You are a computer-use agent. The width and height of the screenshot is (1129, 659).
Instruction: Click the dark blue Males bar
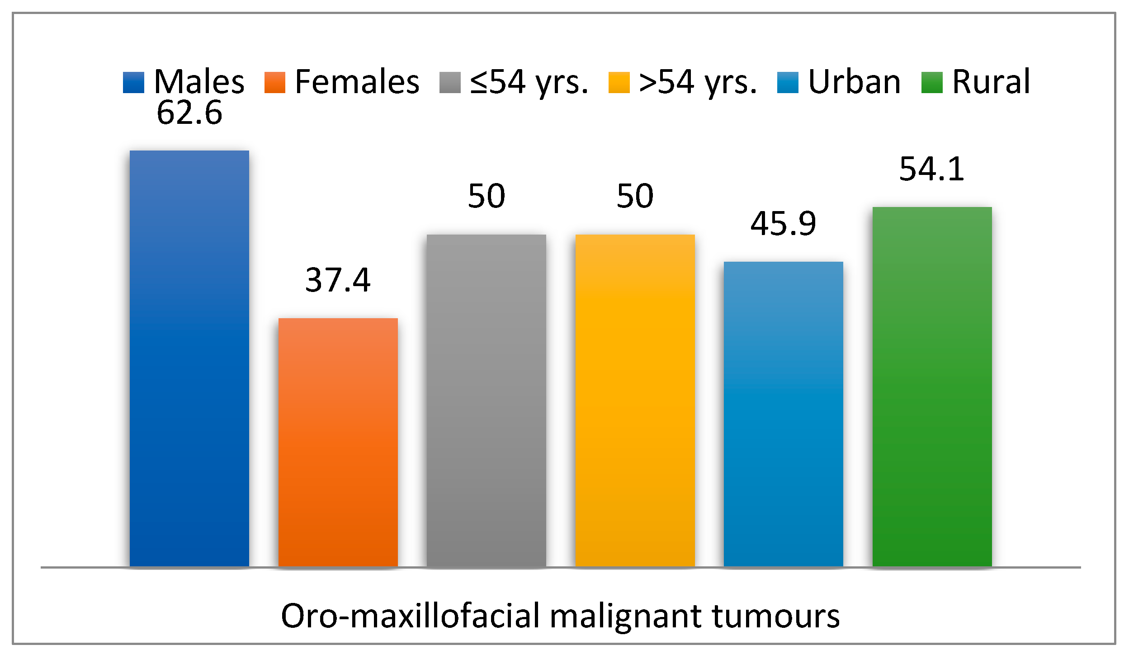[x=189, y=358]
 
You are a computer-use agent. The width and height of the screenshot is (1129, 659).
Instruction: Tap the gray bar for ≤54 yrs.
[x=486, y=400]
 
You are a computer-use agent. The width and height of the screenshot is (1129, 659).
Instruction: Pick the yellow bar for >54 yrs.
[x=635, y=400]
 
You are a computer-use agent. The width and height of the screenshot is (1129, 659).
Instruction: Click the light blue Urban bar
[x=783, y=414]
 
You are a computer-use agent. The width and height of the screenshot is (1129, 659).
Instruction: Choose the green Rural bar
[x=932, y=386]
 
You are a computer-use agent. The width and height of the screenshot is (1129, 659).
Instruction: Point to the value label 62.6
[x=189, y=113]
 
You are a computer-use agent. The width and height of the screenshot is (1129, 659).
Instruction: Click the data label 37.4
[x=338, y=280]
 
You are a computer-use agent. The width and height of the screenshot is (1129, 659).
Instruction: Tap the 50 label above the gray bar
[x=486, y=196]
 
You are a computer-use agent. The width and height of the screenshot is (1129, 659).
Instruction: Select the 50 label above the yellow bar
[x=635, y=196]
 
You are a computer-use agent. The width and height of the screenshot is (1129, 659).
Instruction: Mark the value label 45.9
[x=783, y=224]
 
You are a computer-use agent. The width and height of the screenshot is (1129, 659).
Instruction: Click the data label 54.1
[x=932, y=169]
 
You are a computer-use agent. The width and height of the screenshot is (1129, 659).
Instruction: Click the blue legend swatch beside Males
[x=133, y=83]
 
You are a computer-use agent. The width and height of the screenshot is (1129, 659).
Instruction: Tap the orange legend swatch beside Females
[x=275, y=83]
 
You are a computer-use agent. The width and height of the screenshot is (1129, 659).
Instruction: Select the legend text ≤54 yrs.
[x=529, y=83]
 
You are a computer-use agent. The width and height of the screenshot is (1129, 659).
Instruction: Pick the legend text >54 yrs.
[x=698, y=83]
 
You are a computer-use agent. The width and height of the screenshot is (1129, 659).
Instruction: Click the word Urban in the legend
[x=854, y=83]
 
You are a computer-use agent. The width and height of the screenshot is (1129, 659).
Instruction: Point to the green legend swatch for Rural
[x=932, y=83]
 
